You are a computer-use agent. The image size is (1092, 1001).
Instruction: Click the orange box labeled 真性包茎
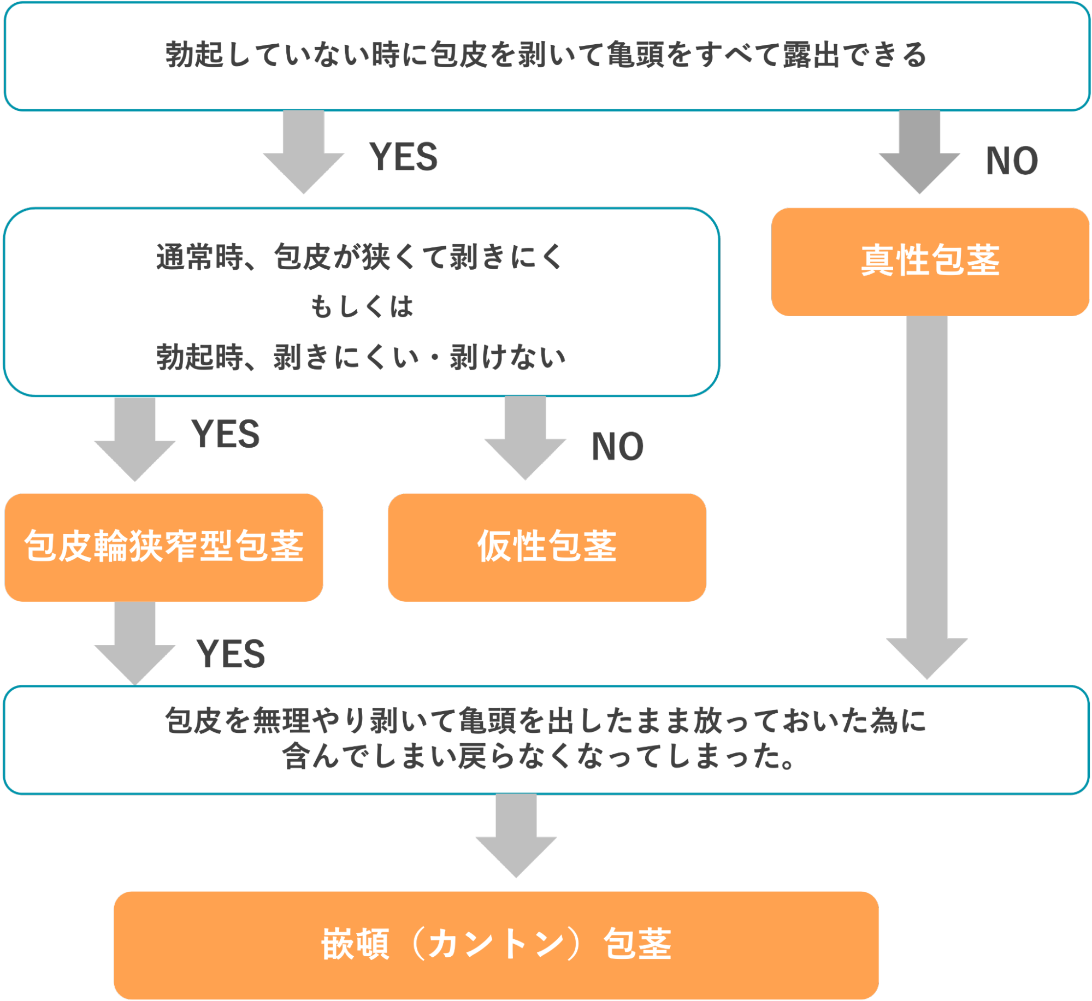930,261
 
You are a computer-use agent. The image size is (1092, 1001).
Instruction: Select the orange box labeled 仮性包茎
546,547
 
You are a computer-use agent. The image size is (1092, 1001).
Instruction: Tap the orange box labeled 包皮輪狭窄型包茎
164,547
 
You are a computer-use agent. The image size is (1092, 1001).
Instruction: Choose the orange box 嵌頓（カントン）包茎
496,944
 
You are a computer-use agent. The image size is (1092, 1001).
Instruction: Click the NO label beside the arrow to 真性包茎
1012,161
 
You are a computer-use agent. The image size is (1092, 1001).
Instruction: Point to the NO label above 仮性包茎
617,447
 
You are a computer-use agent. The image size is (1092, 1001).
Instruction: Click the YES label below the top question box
403,157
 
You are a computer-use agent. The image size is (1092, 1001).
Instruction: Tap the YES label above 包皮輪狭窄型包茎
225,435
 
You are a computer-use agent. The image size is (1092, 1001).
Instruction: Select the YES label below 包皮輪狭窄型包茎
231,654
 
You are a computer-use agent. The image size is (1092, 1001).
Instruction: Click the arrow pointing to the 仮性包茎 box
525,437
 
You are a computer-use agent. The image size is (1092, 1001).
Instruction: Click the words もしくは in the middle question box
361,306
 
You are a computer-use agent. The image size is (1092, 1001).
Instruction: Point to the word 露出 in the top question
811,55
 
